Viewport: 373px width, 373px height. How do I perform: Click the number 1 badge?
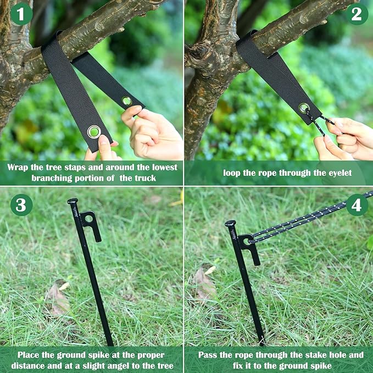21,14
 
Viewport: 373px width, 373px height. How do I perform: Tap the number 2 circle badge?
357,14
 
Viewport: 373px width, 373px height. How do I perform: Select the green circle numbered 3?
21,205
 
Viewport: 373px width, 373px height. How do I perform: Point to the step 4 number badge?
357,205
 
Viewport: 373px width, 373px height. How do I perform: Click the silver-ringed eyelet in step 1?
94,131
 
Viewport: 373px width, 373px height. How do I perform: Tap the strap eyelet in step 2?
304,108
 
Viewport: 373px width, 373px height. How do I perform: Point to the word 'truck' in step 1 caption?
148,177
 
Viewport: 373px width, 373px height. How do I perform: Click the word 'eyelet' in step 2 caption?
337,172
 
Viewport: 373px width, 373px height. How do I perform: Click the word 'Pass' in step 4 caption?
208,355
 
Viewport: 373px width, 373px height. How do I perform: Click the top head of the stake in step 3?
73,202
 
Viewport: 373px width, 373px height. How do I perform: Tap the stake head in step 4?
231,224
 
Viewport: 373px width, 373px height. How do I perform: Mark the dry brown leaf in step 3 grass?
57,299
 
